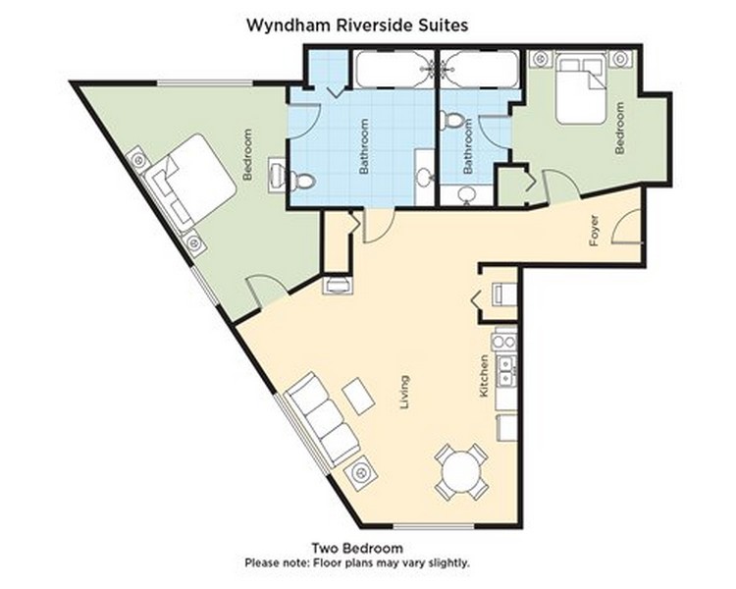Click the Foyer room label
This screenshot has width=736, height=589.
(595, 231)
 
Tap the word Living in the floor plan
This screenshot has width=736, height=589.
(404, 393)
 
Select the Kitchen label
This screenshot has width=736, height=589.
(484, 377)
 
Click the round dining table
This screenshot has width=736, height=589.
(461, 471)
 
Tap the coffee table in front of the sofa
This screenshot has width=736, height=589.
(358, 396)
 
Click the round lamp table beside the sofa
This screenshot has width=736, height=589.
(360, 472)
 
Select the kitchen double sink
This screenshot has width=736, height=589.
(507, 370)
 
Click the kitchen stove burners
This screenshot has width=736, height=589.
(504, 342)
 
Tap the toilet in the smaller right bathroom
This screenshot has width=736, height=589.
(453, 120)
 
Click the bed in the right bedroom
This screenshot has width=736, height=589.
(581, 88)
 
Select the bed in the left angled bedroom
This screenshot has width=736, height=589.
(190, 184)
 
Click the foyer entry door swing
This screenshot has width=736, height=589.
(627, 227)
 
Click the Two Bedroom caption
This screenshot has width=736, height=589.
(357, 548)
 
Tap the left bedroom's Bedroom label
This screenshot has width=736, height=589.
(248, 154)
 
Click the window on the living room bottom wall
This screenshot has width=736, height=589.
(433, 526)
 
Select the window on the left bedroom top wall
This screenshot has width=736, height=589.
(205, 83)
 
